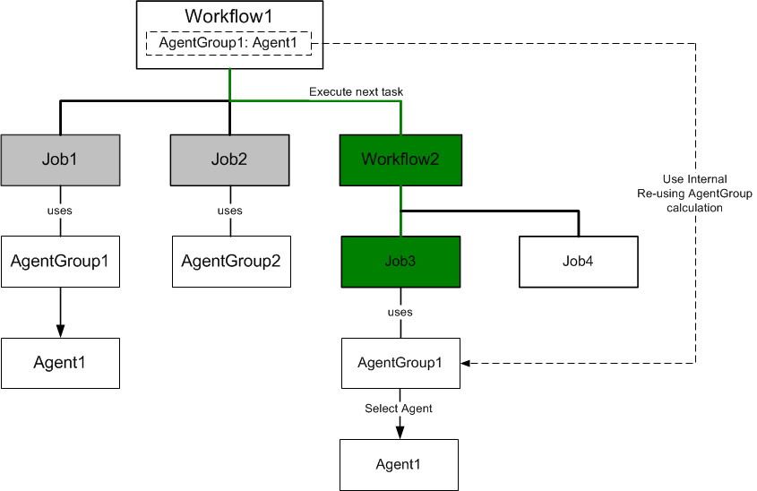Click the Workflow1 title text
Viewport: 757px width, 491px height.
click(228, 16)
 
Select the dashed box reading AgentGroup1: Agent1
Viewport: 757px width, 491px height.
click(228, 43)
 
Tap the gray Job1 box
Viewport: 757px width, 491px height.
click(60, 159)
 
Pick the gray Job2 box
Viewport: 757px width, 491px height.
click(230, 159)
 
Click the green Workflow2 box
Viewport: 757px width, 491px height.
click(400, 159)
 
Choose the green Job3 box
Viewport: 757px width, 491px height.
click(400, 262)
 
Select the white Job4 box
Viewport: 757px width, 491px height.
click(579, 262)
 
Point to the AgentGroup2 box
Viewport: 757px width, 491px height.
click(231, 262)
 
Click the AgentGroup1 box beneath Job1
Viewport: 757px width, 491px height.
click(60, 262)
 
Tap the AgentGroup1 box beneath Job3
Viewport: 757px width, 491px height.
click(400, 363)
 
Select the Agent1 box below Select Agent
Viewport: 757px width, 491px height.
click(399, 465)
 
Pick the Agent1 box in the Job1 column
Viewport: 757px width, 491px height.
click(60, 363)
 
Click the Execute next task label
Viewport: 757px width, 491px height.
click(356, 91)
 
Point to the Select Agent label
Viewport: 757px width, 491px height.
click(399, 409)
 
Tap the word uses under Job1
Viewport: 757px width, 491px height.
click(60, 211)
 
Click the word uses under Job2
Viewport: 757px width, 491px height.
click(230, 211)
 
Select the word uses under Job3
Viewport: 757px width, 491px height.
click(400, 313)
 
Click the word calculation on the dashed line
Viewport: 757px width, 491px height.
click(694, 208)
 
